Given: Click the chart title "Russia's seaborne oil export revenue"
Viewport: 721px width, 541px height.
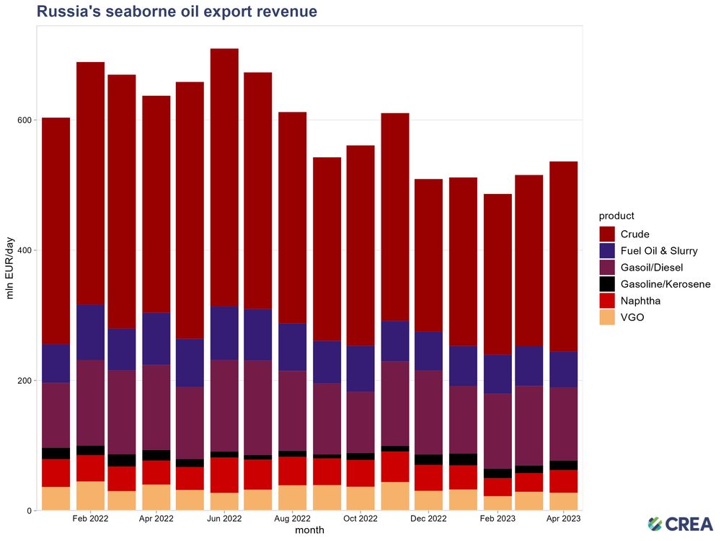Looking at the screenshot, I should coord(177,12).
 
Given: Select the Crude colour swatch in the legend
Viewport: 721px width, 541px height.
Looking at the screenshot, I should coord(607,234).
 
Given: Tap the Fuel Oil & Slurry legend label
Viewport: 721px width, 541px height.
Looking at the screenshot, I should coord(658,251).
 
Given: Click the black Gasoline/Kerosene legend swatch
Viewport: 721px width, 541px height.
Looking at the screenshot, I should coord(607,284).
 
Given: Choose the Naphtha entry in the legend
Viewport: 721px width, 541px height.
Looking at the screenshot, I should coord(640,301).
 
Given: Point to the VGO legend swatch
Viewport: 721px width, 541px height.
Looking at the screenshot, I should coord(607,317).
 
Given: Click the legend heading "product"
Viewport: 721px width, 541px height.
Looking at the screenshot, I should coord(616,216).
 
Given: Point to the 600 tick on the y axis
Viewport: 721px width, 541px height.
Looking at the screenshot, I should coord(22,120).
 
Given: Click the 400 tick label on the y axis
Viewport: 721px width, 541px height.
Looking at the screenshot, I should coord(22,250).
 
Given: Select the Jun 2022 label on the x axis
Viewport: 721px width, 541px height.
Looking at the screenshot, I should coord(224,518).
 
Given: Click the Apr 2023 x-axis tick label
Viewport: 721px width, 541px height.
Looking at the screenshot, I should coord(563,518).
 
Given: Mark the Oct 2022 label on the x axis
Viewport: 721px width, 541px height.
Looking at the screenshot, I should coord(360,518).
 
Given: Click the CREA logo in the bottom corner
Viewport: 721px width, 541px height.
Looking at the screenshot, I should coord(680,524).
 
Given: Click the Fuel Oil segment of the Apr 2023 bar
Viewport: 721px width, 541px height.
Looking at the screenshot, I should coord(563,369).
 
